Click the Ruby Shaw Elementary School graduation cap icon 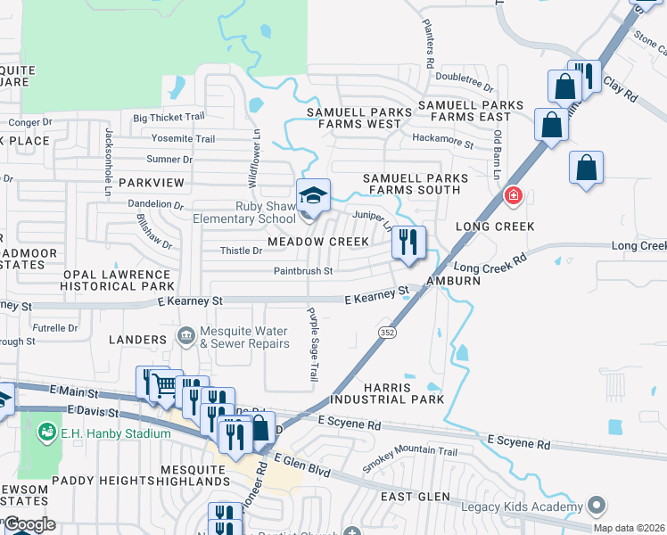coord(312,194)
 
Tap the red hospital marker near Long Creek coord(513,195)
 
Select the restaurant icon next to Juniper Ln coord(408,243)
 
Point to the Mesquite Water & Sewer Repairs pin coord(186,336)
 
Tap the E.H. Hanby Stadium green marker coord(46,433)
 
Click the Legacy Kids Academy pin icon coord(597,506)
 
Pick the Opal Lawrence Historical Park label coord(116,280)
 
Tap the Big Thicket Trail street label coord(169,117)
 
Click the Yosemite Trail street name coord(183,139)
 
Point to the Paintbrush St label coord(303,271)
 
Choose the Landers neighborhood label coord(137,340)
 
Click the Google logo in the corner coord(29,524)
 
